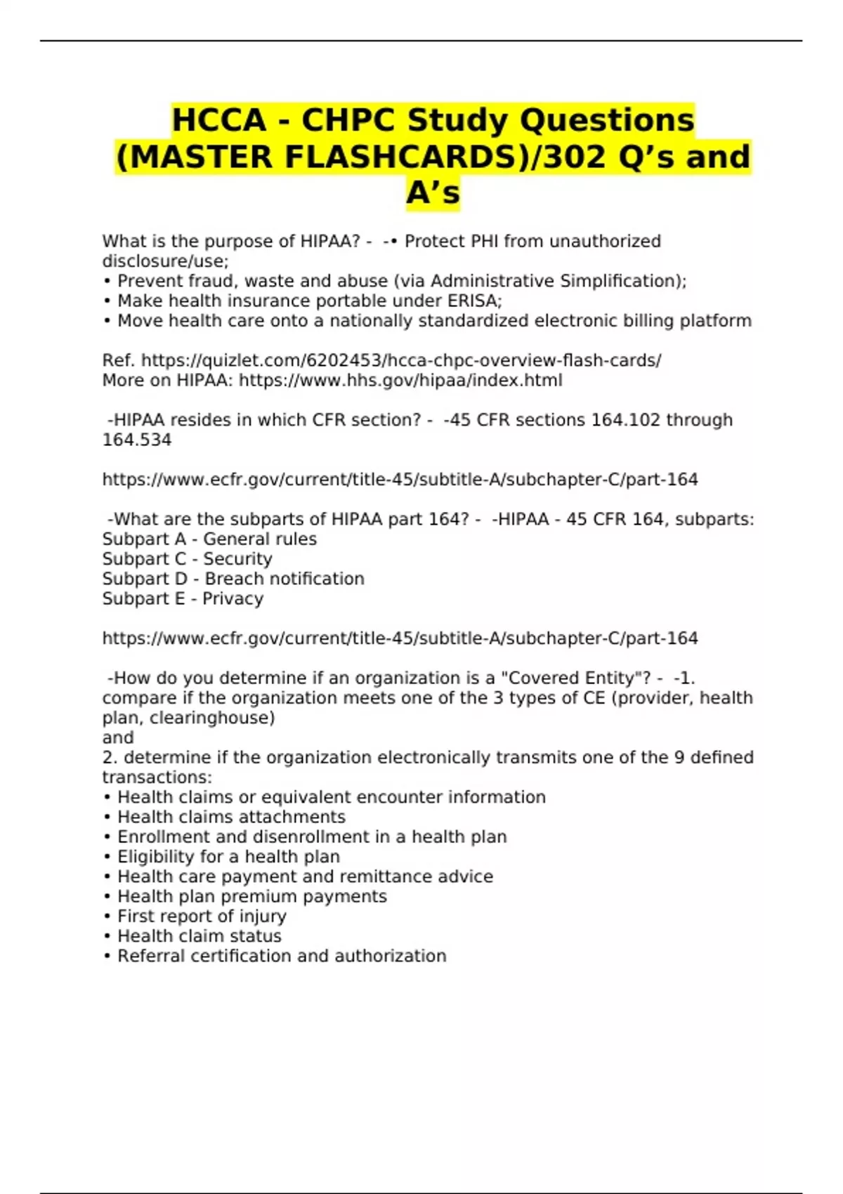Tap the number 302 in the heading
coord(573,157)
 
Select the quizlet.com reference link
coord(401,360)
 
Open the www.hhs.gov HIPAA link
coord(400,380)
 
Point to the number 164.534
coord(137,440)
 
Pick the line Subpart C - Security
coord(187,558)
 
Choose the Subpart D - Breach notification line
coord(233,579)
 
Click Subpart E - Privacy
coord(183,598)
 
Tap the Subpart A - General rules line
coord(209,539)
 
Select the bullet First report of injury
coord(202,916)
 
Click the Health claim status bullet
coord(199,936)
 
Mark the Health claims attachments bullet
coord(231,817)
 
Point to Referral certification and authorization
coord(282,956)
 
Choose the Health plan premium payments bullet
coord(251,896)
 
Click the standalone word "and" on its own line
coord(118,737)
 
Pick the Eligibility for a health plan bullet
coord(228,856)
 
